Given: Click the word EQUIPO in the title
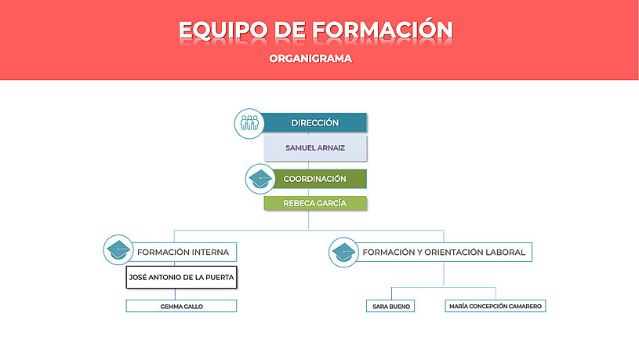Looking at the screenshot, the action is point(223,30).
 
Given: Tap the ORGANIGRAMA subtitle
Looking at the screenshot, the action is point(310,58).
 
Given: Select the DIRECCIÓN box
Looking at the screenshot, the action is point(313,122).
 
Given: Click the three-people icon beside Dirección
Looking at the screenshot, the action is point(249,123).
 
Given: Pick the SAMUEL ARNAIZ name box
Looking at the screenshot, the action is point(315,148).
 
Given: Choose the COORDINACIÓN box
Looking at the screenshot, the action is point(318,179).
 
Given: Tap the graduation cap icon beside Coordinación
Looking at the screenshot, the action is point(260,179).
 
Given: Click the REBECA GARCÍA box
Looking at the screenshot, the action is point(315,203).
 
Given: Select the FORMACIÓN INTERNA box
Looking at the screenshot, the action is point(182,253).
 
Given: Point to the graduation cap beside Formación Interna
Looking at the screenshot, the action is point(118,250).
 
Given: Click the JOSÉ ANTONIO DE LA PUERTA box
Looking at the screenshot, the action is point(181,277).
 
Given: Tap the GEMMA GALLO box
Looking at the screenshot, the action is point(181,306).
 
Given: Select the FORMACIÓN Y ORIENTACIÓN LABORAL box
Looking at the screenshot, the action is point(444,253).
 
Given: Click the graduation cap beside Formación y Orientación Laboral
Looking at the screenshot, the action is point(344,253).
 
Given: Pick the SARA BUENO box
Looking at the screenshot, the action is point(390,306).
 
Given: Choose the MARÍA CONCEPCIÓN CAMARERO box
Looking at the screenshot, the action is point(496,306).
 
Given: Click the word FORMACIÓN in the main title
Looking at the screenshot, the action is point(383,30).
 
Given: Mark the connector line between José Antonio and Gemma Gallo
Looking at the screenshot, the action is point(176,294).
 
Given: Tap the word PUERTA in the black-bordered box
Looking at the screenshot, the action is point(220,278).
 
